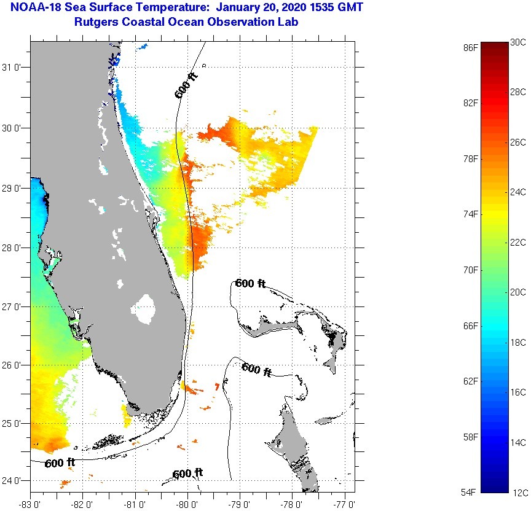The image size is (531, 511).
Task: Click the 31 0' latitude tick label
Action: [14, 67]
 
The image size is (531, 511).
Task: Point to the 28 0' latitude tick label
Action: [14, 248]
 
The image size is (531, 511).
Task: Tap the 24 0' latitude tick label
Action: [14, 480]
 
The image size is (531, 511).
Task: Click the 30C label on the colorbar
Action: [518, 42]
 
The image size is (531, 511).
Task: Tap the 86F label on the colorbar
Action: [470, 47]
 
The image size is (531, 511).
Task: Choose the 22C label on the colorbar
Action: [518, 242]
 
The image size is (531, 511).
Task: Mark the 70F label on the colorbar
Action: [470, 270]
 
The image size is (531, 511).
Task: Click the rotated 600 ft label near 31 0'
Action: [186, 85]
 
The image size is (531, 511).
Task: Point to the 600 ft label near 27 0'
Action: [251, 284]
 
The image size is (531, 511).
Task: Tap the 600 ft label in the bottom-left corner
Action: [60, 462]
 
